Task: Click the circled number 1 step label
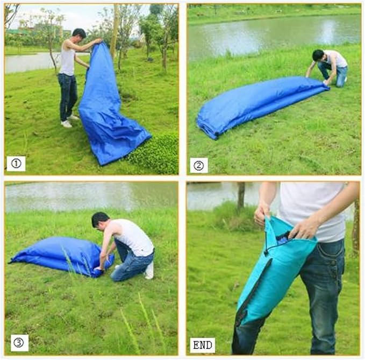tap(16, 164)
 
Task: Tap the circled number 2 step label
tap(199, 166)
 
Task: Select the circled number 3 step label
tap(19, 343)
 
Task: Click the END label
tap(203, 345)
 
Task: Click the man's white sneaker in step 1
tap(66, 124)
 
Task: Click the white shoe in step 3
tap(149, 270)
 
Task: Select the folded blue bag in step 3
tap(62, 256)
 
